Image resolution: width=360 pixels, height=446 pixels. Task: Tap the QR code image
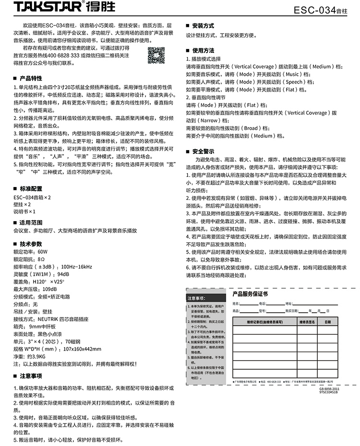156,56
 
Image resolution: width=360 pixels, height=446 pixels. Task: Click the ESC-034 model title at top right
325,10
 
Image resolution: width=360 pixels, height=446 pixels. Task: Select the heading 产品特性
30,78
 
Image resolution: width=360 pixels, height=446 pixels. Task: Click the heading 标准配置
30,188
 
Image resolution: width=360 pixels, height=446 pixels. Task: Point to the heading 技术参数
30,244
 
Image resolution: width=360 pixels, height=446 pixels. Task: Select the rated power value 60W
42,251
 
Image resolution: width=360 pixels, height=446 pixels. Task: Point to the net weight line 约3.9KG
36,356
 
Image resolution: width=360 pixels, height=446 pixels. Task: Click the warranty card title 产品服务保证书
250,293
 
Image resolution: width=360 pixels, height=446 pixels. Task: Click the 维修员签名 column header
306,322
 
